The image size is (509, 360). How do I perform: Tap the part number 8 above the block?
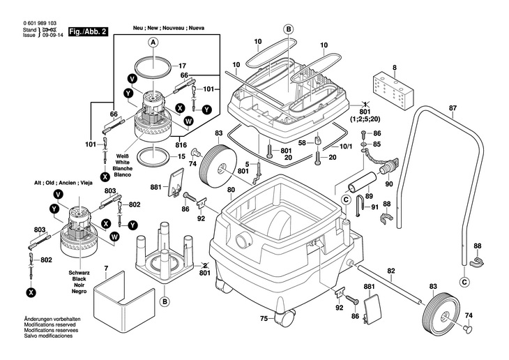[x=394, y=68]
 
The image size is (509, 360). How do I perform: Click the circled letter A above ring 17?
[x=153, y=42]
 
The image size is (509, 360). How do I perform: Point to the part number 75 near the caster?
[x=264, y=319]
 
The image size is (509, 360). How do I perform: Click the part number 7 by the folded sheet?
[x=106, y=268]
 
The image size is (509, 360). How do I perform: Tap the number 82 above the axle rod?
[x=391, y=271]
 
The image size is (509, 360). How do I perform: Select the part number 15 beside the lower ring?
[x=181, y=156]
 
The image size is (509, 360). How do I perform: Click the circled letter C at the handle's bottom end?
[x=465, y=281]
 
